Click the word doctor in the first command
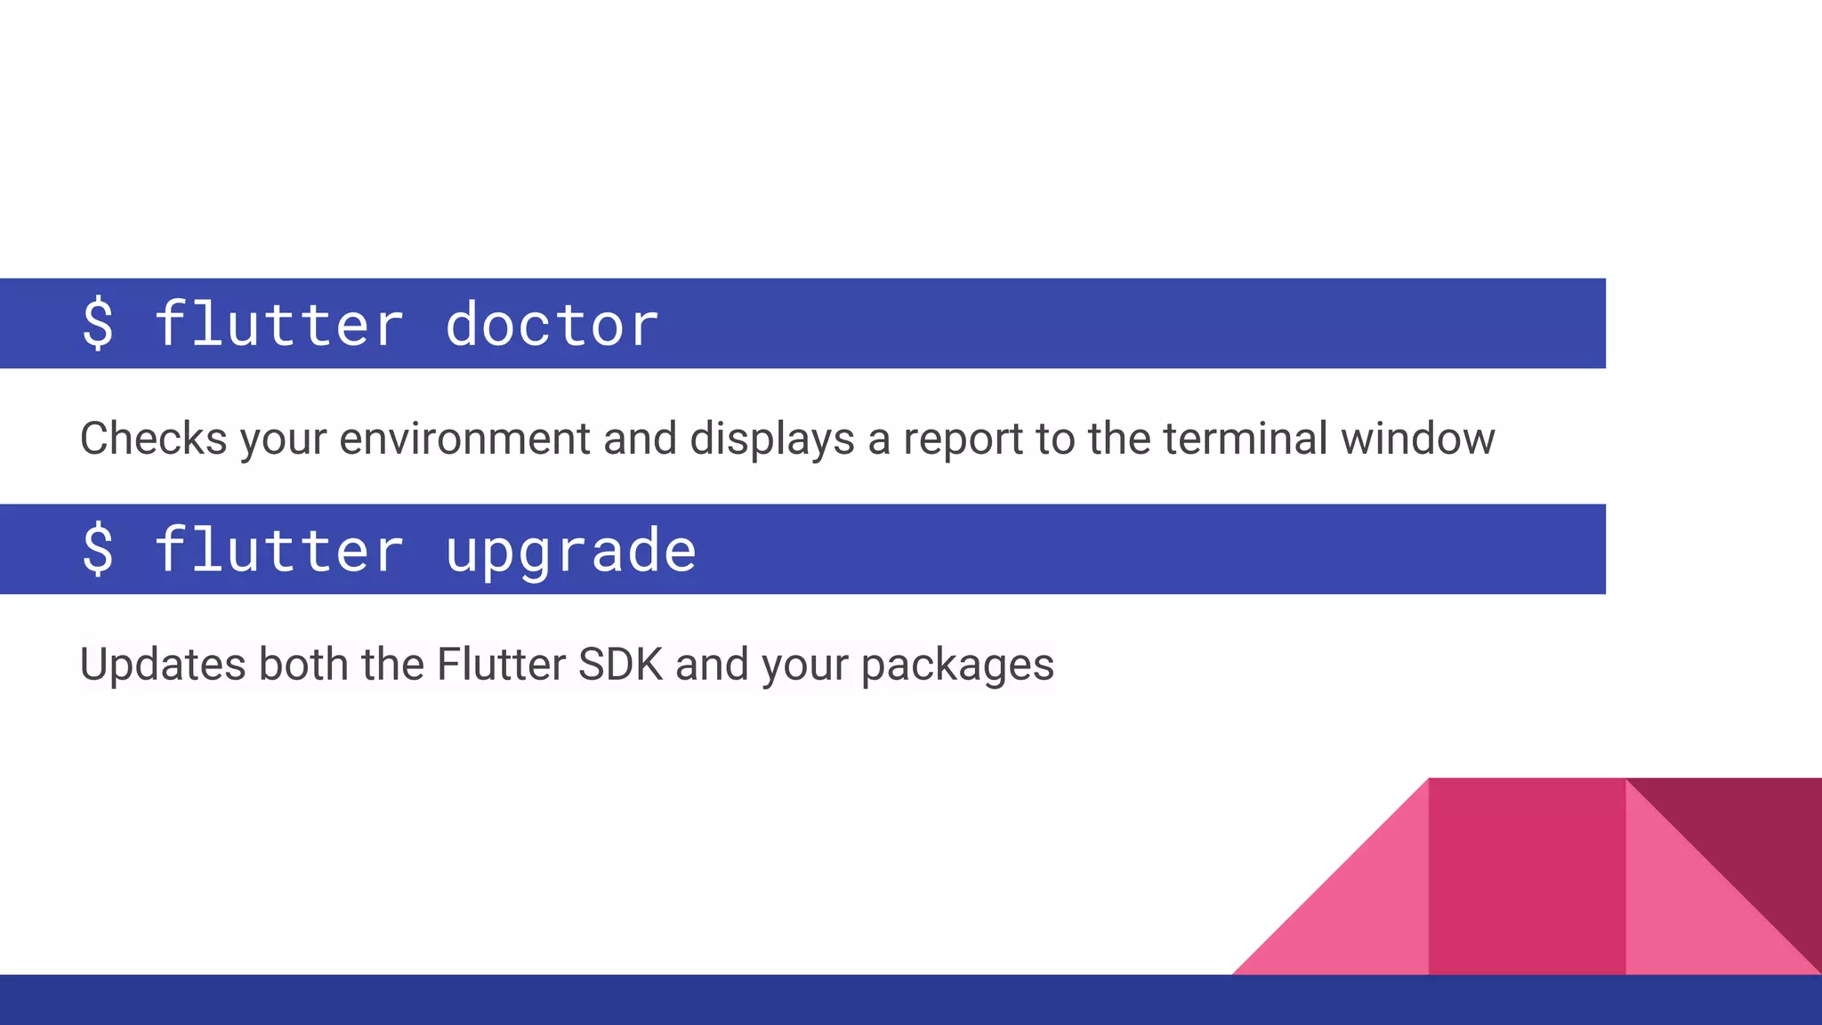(552, 324)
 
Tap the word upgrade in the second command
(570, 551)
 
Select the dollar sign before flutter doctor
(98, 324)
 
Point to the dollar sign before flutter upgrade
(98, 550)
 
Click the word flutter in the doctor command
(278, 324)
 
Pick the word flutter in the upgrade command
(278, 550)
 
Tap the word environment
(464, 439)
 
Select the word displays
(772, 439)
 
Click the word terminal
(1245, 439)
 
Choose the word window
(1417, 439)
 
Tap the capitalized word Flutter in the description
(501, 665)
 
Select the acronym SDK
(620, 665)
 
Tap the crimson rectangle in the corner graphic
(1527, 876)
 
